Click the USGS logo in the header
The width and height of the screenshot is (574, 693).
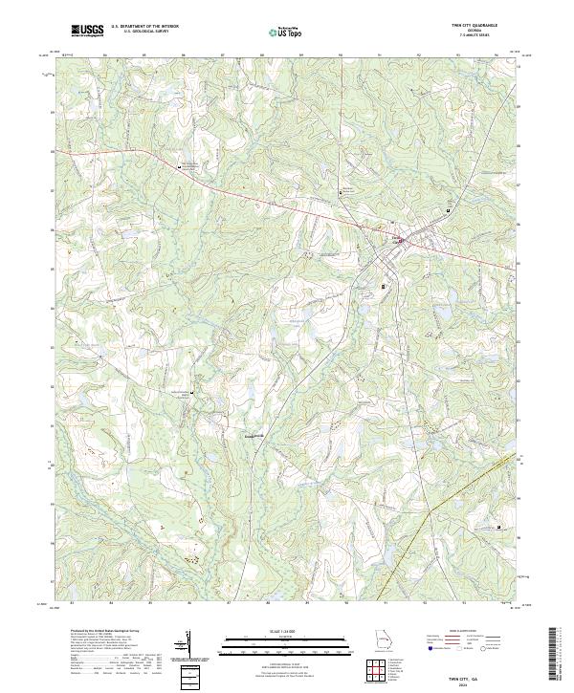(88, 31)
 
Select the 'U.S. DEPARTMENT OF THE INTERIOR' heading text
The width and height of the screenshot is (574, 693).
(144, 27)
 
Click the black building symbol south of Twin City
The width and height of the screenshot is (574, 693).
(384, 286)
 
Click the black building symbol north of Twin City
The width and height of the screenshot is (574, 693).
(345, 192)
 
